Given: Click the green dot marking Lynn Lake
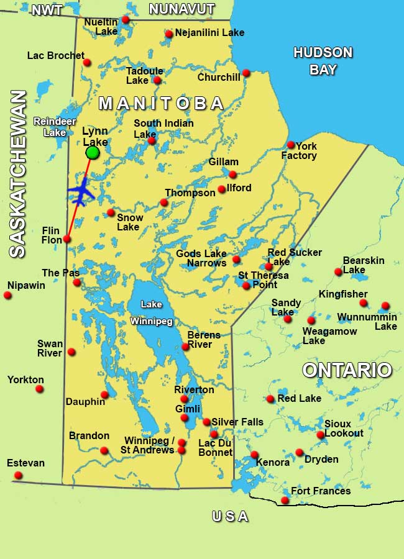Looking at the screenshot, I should (x=93, y=152).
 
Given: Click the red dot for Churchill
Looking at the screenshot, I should (x=246, y=73).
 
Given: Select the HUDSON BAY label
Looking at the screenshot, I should (x=323, y=61).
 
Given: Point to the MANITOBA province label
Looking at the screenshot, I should (x=161, y=103).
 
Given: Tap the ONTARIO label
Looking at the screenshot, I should (x=347, y=370).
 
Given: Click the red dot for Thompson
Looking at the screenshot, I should (x=164, y=202).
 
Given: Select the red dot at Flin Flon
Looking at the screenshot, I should (x=67, y=239).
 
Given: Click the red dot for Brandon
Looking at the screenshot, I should (x=104, y=450).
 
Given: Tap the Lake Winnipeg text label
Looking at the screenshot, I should (x=151, y=313).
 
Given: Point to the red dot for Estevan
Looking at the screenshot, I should (x=18, y=475).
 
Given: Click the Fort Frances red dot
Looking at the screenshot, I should (x=285, y=500).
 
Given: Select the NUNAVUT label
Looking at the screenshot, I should (x=181, y=9).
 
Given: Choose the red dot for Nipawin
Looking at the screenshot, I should (x=7, y=295).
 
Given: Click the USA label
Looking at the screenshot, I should (x=230, y=516).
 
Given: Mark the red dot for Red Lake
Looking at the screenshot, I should (x=270, y=399).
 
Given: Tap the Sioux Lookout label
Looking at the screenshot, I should (x=344, y=428).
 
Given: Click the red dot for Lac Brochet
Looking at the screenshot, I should (x=87, y=62).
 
